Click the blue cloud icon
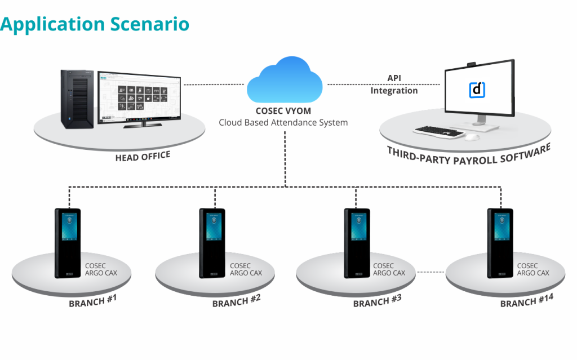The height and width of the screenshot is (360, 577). (285, 82)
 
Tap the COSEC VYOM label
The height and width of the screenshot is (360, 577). (283, 111)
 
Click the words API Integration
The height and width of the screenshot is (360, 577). (394, 85)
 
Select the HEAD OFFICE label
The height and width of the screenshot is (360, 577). (143, 156)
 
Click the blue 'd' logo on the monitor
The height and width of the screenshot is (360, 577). (477, 90)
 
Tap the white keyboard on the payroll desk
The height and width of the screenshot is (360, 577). (438, 131)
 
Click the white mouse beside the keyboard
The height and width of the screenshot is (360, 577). (473, 137)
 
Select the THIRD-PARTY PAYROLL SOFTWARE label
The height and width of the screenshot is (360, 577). (468, 153)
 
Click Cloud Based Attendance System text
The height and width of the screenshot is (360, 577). (283, 122)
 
